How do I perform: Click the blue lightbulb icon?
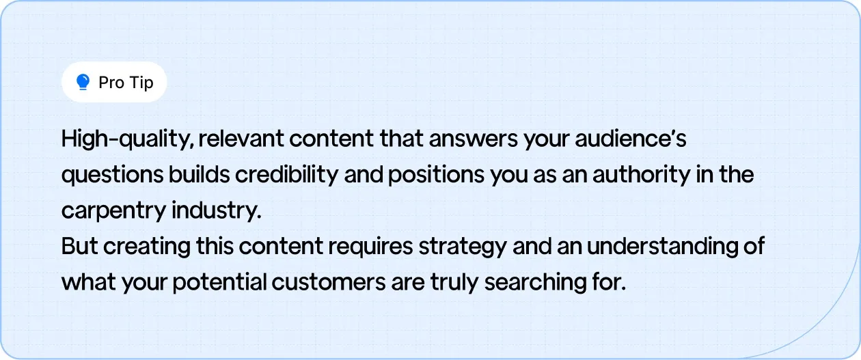pyautogui.click(x=83, y=83)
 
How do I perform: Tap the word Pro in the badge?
pyautogui.click(x=111, y=83)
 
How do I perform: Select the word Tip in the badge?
pyautogui.click(x=141, y=83)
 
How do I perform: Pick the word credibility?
pyautogui.click(x=286, y=176)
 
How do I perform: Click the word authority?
pyautogui.click(x=638, y=176)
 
